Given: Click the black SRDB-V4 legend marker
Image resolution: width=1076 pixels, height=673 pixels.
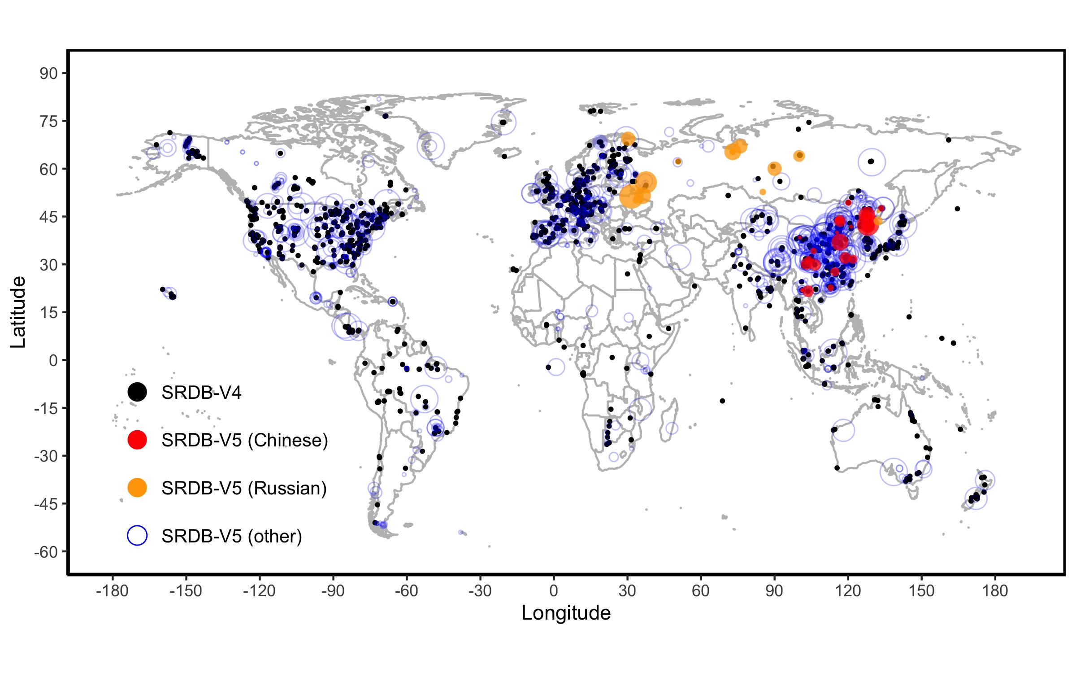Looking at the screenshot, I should (137, 392).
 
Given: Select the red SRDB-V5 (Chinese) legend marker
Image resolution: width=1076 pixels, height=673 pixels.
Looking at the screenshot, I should (137, 440).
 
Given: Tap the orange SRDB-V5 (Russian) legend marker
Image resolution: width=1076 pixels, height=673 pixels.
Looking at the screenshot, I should (137, 488).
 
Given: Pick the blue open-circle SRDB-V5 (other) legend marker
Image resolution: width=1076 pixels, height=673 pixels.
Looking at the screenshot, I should (137, 536).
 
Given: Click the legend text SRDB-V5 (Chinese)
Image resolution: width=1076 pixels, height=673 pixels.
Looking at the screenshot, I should (245, 440).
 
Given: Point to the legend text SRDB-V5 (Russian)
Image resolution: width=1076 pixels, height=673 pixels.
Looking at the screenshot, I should (244, 488).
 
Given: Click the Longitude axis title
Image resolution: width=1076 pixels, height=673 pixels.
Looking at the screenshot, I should (566, 613).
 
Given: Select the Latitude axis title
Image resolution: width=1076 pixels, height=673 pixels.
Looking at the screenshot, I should (18, 312).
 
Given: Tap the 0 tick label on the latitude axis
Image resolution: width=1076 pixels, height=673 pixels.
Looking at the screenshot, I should (53, 360).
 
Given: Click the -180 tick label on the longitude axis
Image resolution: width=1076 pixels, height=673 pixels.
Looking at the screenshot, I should (112, 590).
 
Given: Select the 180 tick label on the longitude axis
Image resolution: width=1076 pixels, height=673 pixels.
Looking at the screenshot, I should (995, 590).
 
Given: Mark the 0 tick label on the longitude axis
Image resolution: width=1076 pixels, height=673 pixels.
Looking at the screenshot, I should (554, 590).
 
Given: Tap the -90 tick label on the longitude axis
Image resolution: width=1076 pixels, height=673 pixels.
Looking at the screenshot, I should (333, 590).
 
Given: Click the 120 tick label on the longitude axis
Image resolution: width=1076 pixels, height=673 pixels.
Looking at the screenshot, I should (848, 590).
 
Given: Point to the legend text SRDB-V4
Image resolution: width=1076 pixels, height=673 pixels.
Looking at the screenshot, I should (201, 393).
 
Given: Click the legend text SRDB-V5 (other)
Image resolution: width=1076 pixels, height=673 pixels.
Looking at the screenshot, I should (232, 536).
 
